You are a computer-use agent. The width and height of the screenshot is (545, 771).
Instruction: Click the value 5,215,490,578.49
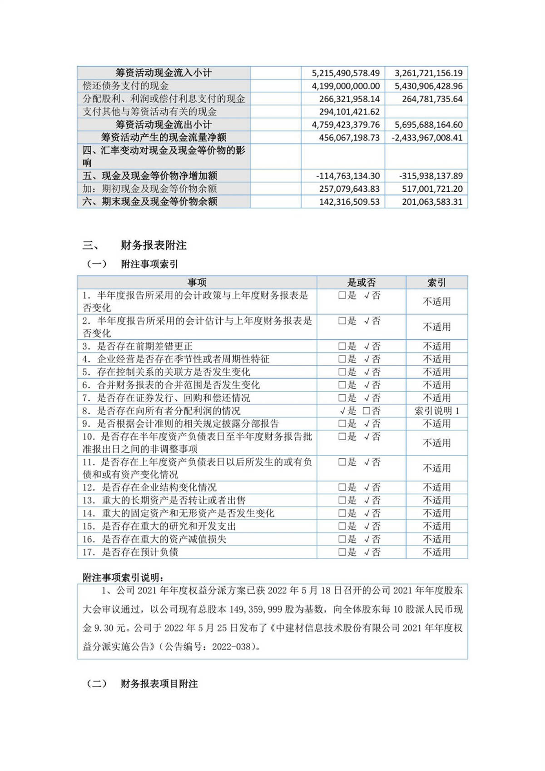[x=346, y=73]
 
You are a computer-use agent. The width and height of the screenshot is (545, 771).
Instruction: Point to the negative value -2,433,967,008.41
[x=427, y=138]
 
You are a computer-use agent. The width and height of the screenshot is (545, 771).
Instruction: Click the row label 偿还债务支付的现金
[x=126, y=86]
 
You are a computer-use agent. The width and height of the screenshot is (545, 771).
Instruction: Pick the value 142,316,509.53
[x=349, y=202]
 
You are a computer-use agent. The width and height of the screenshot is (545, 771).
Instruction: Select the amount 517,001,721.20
[x=432, y=189]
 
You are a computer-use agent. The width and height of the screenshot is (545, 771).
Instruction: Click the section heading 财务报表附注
[x=154, y=245]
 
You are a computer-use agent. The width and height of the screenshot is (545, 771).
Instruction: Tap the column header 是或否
[x=362, y=283]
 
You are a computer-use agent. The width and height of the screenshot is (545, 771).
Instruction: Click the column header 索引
[x=436, y=283]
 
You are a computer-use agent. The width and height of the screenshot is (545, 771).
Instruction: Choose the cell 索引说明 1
[x=436, y=411]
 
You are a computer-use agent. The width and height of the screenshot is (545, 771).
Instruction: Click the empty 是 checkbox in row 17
[x=342, y=552]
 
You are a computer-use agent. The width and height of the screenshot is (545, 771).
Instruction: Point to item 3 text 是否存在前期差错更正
[x=145, y=346]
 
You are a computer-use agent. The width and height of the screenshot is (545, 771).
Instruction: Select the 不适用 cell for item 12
[x=436, y=487]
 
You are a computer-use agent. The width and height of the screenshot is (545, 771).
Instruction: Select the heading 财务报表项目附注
[x=159, y=684]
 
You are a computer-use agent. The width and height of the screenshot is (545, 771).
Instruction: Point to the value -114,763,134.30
[x=347, y=176]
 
